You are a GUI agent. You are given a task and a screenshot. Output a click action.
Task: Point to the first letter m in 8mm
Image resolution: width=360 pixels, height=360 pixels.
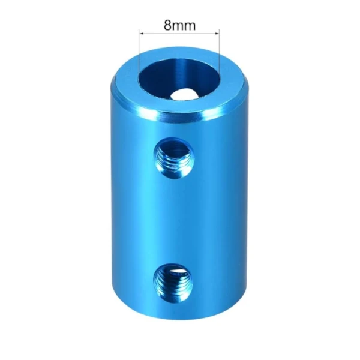pyautogui.click(x=178, y=26)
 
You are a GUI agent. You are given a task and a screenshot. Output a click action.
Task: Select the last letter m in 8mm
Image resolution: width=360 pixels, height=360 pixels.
pyautogui.click(x=190, y=26)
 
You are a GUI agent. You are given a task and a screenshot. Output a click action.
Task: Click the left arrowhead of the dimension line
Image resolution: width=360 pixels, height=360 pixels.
pyautogui.click(x=142, y=34)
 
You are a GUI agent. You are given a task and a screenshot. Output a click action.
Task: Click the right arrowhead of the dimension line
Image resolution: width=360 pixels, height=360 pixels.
pyautogui.click(x=217, y=34)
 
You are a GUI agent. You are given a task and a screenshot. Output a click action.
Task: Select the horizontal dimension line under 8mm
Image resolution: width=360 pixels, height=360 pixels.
pyautogui.click(x=179, y=34)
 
